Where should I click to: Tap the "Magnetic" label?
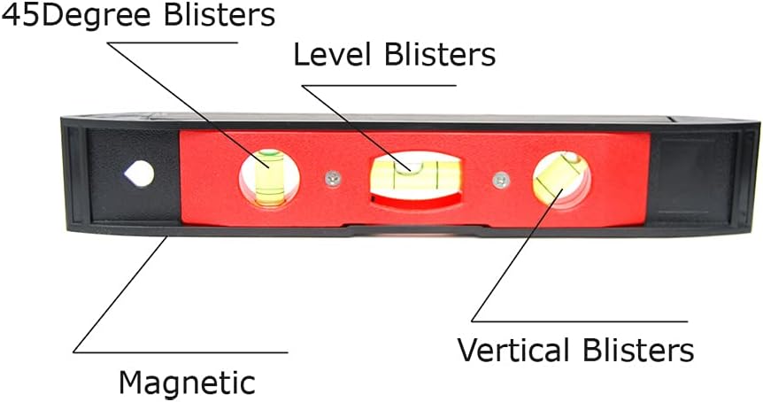click(187, 383)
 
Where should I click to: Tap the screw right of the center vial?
click(501, 180)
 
